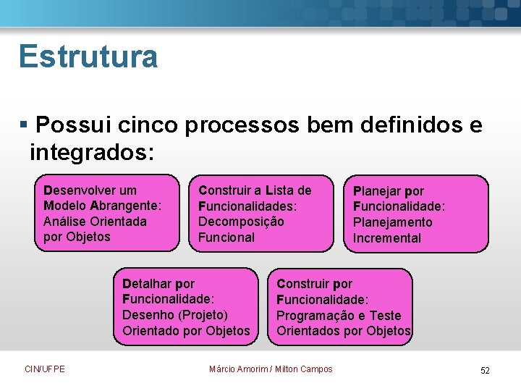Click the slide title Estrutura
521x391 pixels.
coord(88,56)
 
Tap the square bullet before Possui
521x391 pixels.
coord(24,125)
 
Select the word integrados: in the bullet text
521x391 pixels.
coord(92,152)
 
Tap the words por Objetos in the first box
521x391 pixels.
coord(77,237)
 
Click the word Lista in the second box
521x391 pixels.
coord(280,190)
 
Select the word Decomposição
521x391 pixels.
coord(241,222)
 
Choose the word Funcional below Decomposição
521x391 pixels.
coord(226,237)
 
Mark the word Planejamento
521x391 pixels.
coord(392,222)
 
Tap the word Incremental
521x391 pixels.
coord(386,238)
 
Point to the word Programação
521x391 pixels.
coord(318,316)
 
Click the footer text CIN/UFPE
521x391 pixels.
coord(44,369)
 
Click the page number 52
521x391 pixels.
coord(485,370)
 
